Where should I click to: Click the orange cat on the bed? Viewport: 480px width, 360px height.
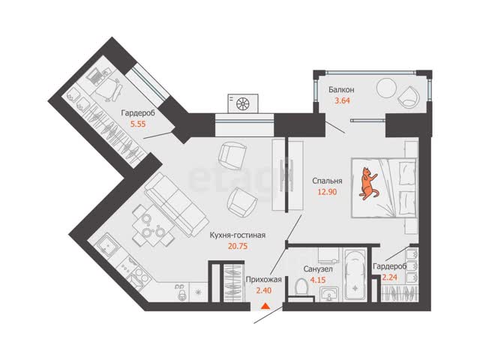(x=368, y=184)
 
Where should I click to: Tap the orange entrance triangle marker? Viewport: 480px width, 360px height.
(x=265, y=305)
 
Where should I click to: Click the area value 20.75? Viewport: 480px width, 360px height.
(x=238, y=246)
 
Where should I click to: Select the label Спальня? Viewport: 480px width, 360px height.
(x=327, y=181)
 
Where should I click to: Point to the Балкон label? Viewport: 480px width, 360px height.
(x=341, y=90)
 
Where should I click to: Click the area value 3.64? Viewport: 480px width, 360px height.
(x=342, y=100)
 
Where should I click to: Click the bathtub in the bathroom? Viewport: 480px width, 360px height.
(x=355, y=275)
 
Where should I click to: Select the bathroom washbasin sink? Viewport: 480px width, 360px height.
(x=329, y=293)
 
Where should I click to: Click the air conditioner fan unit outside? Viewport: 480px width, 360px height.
(x=243, y=103)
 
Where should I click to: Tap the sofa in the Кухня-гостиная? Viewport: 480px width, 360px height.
(x=175, y=205)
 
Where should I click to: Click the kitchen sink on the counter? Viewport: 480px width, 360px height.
(x=107, y=246)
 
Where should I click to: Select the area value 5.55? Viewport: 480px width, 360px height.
(x=138, y=124)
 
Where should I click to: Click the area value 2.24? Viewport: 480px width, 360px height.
(x=390, y=277)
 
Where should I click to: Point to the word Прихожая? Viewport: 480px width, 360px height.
(x=263, y=279)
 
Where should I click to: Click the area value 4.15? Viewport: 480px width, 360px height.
(x=318, y=280)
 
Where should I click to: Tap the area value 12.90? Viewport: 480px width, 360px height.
(x=327, y=192)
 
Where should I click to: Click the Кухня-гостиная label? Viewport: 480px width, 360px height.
(x=238, y=235)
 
